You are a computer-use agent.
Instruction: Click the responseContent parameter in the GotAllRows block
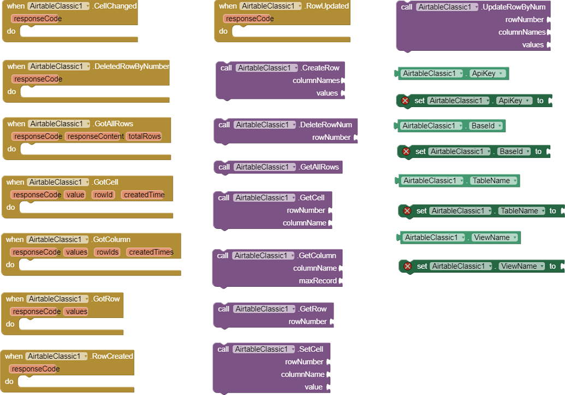(x=94, y=137)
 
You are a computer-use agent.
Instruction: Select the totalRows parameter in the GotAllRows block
(x=144, y=137)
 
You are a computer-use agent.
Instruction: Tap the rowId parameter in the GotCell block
(x=103, y=194)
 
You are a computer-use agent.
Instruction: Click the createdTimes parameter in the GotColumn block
(x=151, y=252)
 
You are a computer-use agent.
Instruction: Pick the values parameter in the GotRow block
(x=76, y=311)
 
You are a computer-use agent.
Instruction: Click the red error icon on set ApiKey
(x=405, y=101)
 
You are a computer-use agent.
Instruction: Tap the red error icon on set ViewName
(x=407, y=266)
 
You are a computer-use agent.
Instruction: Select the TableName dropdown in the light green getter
(x=493, y=181)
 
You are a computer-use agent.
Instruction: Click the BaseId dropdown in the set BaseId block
(x=514, y=151)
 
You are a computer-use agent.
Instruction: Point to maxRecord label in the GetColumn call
(x=318, y=281)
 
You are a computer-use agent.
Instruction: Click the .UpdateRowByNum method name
(x=513, y=7)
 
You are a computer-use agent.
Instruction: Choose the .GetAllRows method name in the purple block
(x=319, y=167)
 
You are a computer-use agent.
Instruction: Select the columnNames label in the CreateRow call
(x=316, y=80)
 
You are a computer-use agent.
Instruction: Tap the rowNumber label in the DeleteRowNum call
(x=331, y=137)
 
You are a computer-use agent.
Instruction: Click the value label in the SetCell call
(x=313, y=387)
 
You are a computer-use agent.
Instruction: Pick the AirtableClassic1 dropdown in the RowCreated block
(x=56, y=356)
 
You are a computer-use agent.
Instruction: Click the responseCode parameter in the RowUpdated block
(x=248, y=19)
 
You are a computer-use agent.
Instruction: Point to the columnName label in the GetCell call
(x=305, y=223)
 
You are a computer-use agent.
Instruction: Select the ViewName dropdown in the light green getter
(x=495, y=238)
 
